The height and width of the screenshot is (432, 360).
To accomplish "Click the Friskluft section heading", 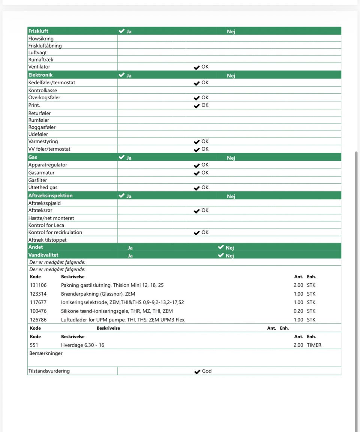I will coord(38,31).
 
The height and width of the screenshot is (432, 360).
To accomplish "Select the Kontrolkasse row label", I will coord(43,90).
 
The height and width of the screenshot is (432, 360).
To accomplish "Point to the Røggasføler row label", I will coord(42,127).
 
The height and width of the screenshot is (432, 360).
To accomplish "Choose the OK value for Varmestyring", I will coord(201,142).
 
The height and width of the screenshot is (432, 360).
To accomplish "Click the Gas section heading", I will coord(33,157).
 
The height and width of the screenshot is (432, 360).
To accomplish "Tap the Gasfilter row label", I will coord(38,180).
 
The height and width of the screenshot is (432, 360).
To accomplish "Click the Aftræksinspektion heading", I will coord(51,196).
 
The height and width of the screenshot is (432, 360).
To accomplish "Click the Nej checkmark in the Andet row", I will coord(221,247).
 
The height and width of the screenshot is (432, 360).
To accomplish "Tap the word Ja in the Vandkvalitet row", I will coord(130,256).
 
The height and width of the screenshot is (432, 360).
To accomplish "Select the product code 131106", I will coord(38,285).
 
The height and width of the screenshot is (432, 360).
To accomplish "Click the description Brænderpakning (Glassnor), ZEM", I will coord(98,294).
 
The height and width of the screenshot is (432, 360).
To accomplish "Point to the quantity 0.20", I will coord(298,311).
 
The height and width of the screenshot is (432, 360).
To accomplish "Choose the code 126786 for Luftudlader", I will coord(38,320).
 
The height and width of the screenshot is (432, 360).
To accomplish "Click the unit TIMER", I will coord(314,345).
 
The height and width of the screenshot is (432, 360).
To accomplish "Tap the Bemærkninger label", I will coord(46,353).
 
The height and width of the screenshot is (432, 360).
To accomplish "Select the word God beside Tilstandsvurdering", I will coord(207,371).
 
